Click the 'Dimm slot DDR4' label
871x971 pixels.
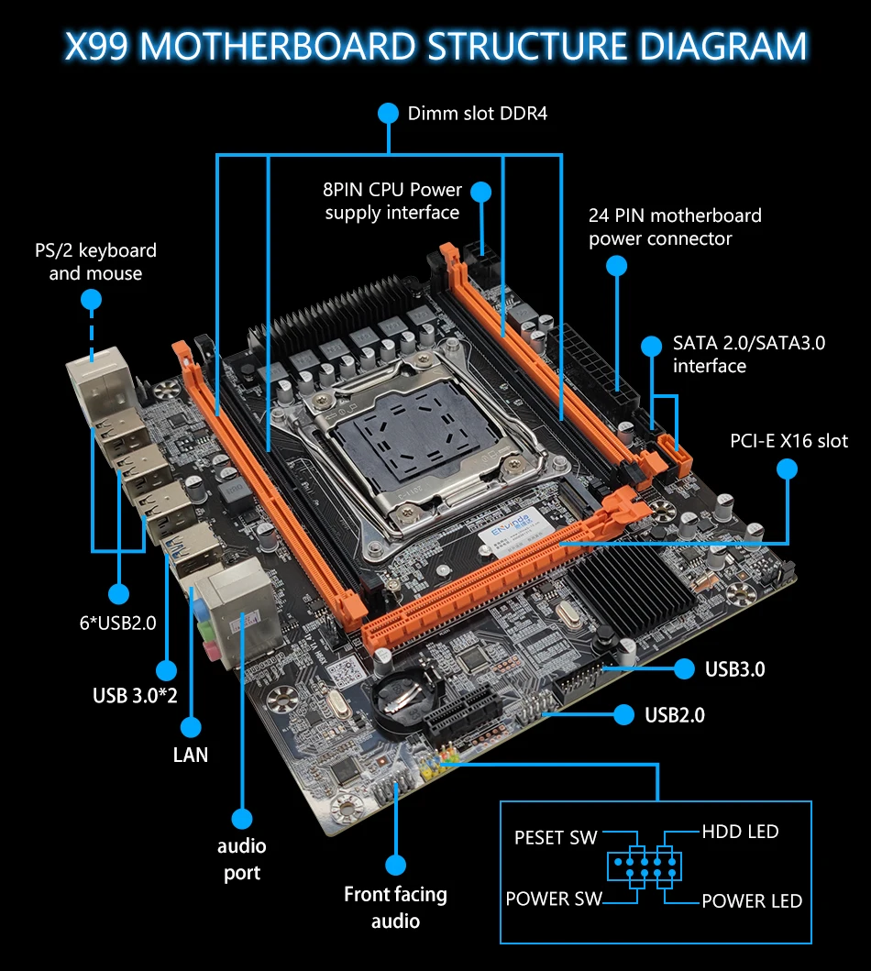click(478, 114)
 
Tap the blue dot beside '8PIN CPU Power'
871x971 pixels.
click(481, 192)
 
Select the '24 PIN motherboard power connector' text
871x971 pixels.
click(675, 226)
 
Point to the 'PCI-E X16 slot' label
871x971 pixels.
click(788, 441)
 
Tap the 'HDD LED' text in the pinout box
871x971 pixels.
click(741, 831)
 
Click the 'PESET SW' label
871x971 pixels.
click(556, 837)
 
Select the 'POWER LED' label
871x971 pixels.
click(752, 900)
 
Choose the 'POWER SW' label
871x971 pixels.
click(554, 899)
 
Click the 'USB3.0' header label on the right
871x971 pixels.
click(734, 668)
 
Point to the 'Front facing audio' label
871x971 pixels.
click(395, 907)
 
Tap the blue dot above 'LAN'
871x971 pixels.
click(191, 727)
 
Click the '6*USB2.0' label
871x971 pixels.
click(117, 623)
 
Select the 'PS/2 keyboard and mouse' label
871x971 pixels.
click(95, 261)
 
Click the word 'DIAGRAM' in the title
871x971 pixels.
click(723, 46)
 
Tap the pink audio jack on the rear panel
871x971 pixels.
click(212, 651)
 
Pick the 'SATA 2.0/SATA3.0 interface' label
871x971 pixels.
click(749, 354)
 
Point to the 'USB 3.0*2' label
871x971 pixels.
click(135, 695)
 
